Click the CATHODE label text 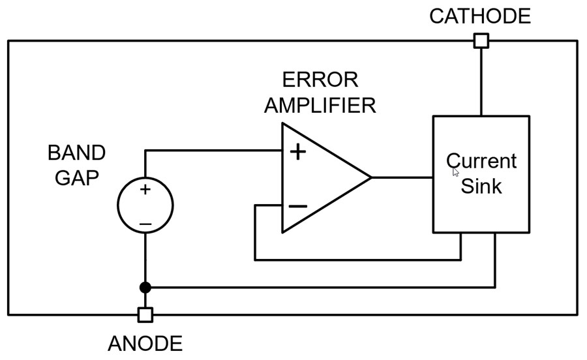click(x=479, y=16)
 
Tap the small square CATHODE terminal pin click(x=481, y=41)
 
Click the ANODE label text click(x=145, y=343)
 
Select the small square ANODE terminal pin click(x=145, y=315)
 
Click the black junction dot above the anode click(x=145, y=287)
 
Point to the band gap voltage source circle click(x=145, y=205)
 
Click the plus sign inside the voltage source click(x=145, y=190)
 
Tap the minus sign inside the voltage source click(x=145, y=224)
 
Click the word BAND click(x=76, y=153)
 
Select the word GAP click(x=76, y=178)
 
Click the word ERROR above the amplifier click(x=320, y=80)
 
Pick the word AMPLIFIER click(x=320, y=105)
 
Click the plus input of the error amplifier click(x=297, y=152)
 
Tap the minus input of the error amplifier click(x=297, y=206)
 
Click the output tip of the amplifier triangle click(x=370, y=177)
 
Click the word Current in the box click(x=481, y=161)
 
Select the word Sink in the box click(x=481, y=187)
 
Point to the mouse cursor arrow click(x=455, y=172)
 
